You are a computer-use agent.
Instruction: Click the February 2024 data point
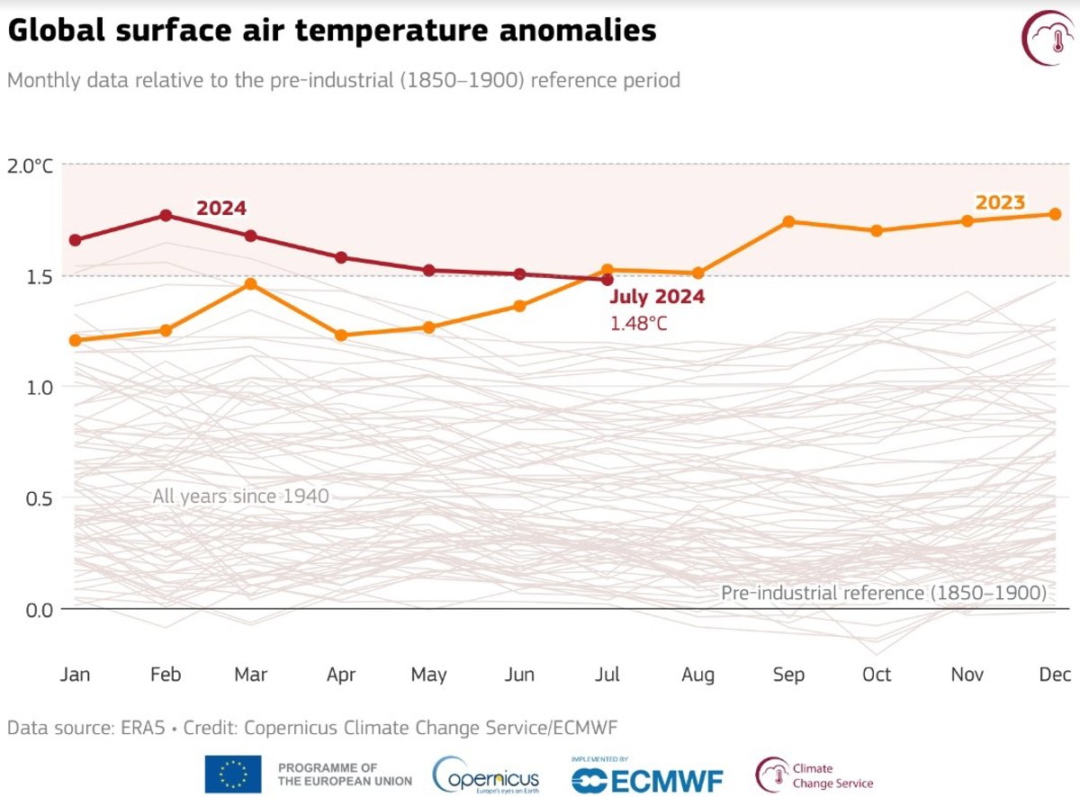166,216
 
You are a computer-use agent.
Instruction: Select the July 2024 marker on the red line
608,280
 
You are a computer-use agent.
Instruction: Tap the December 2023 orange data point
1055,214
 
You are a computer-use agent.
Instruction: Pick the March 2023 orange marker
251,284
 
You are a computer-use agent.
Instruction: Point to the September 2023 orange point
788,221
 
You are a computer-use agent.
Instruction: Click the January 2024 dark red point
76,240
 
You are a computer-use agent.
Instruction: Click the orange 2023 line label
1000,202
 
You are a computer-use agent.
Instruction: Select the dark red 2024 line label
221,209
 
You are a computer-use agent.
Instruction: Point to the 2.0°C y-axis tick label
31,166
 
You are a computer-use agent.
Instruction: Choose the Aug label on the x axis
697,675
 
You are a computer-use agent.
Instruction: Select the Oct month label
876,675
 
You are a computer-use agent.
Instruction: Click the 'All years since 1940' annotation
240,496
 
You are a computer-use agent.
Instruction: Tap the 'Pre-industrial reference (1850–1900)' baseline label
883,594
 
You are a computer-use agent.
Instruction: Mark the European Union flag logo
233,775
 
